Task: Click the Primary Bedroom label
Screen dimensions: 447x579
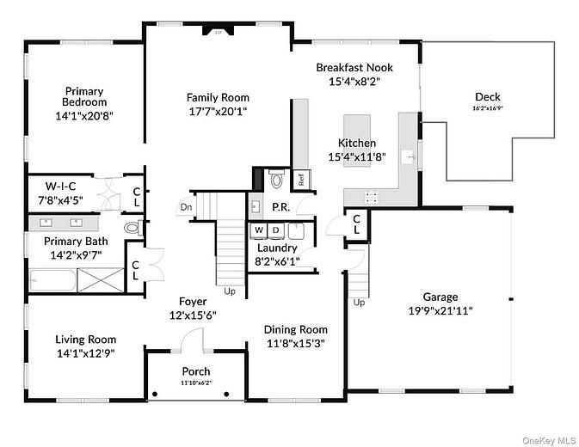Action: [84, 97]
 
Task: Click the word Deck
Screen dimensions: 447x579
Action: [487, 97]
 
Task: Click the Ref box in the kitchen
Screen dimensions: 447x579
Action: [302, 179]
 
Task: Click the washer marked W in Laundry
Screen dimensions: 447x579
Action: [258, 230]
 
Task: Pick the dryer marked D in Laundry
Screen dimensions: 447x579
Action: [276, 230]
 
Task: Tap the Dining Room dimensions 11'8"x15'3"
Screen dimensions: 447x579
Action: [295, 344]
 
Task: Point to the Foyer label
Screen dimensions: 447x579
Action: [193, 301]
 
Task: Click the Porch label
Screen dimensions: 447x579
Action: [196, 371]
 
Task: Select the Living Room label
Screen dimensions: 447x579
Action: [85, 339]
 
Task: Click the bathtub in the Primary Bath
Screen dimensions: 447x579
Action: [52, 279]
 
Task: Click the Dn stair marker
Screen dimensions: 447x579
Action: [186, 206]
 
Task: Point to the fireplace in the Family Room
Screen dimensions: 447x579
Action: [218, 31]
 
